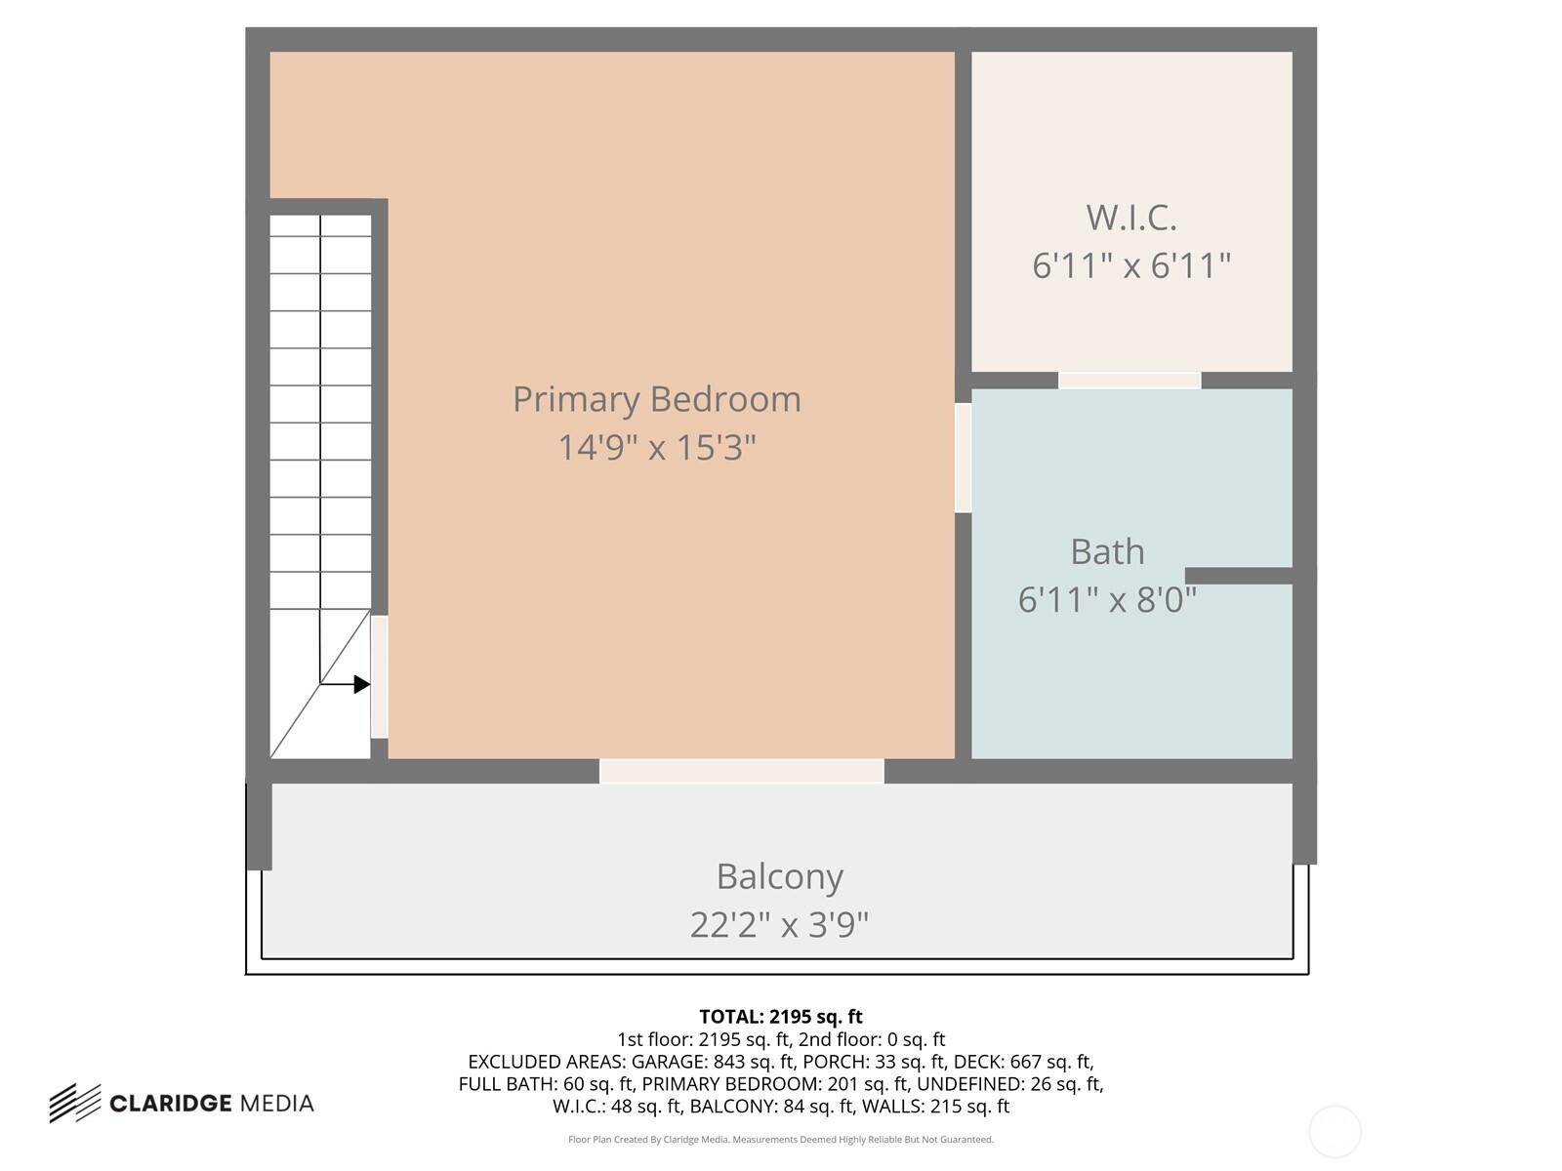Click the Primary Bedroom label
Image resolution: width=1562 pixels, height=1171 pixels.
click(656, 399)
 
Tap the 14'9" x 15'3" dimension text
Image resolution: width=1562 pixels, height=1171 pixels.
click(656, 448)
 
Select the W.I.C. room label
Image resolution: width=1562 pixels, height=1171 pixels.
click(1130, 217)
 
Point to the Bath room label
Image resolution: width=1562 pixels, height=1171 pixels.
click(1107, 551)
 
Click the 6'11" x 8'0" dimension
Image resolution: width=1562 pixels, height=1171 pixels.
click(1107, 599)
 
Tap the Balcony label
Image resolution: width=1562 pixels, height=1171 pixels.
click(779, 876)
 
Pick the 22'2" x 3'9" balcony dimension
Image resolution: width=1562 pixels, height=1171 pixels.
click(779, 924)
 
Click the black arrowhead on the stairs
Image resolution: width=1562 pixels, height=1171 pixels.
click(361, 685)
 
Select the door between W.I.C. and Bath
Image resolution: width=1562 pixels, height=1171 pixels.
click(1130, 381)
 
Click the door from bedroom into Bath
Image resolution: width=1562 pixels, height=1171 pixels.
click(963, 458)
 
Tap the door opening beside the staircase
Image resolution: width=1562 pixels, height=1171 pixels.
click(380, 676)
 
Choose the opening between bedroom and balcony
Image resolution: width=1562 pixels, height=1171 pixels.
click(741, 771)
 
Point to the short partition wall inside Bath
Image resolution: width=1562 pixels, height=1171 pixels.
click(1238, 576)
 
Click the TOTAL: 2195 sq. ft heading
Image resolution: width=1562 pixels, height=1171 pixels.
click(780, 1017)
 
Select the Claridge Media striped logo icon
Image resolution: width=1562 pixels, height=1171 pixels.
click(75, 1103)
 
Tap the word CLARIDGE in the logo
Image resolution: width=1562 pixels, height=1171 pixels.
click(170, 1104)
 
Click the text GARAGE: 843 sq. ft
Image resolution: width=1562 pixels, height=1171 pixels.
click(713, 1062)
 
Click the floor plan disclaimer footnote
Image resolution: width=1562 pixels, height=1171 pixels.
click(780, 1140)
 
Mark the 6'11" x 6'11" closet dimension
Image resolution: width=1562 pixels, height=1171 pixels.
click(1130, 265)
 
